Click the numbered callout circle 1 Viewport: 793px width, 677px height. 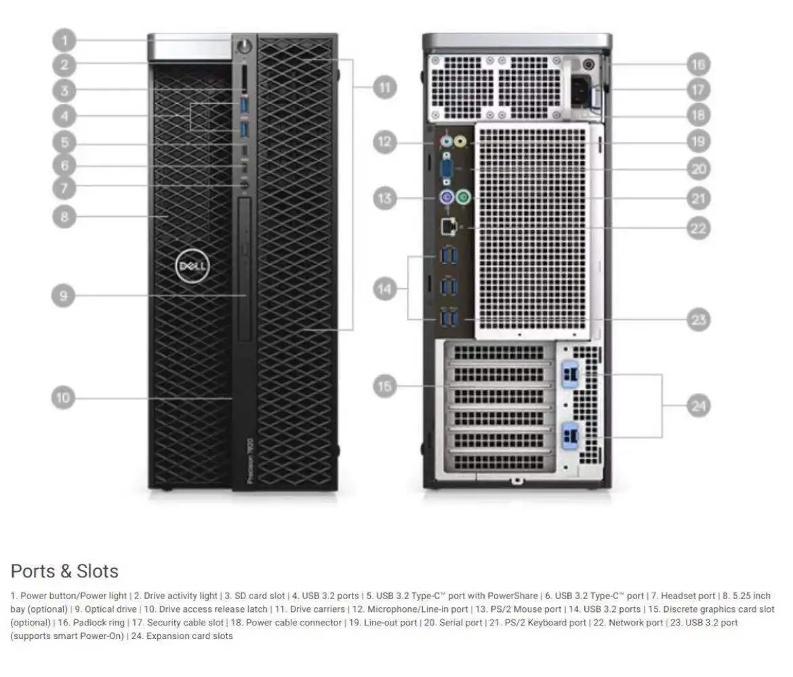64,41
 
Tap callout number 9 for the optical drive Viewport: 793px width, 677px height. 64,295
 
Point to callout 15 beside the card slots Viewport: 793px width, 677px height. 385,386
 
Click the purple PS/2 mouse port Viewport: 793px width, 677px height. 445,198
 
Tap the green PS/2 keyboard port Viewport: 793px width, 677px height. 463,198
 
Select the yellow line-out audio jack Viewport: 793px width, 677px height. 460,142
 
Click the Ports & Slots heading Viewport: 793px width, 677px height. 64,571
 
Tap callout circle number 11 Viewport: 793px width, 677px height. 384,87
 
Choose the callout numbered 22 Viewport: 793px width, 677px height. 698,228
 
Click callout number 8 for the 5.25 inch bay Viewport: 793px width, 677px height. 64,217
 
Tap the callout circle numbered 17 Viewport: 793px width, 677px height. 698,89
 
